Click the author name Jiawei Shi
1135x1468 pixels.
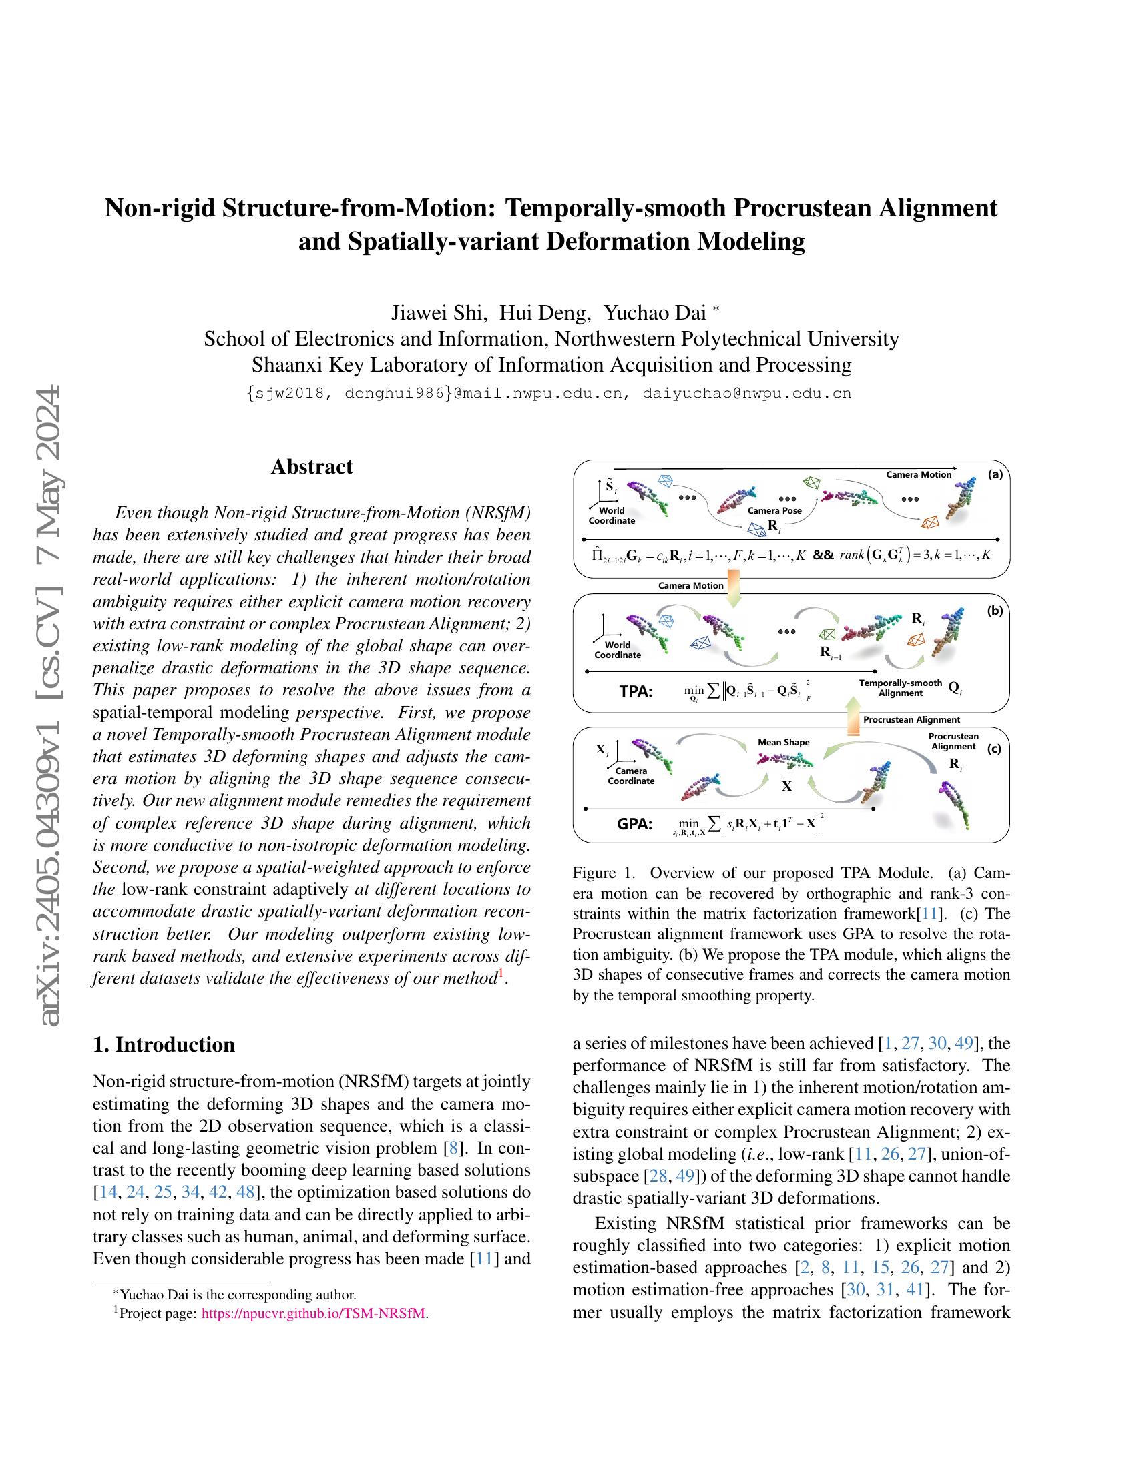click(438, 312)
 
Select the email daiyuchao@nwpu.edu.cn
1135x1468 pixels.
click(747, 393)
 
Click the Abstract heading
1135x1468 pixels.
click(311, 466)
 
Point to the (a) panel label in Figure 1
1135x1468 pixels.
click(995, 474)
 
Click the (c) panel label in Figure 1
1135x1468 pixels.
click(995, 749)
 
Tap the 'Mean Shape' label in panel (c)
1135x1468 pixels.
click(783, 742)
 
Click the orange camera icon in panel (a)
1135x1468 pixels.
click(930, 522)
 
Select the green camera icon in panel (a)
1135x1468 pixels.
click(813, 482)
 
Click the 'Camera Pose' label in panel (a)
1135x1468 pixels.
click(773, 510)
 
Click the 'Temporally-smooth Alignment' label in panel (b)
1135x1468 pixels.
click(901, 687)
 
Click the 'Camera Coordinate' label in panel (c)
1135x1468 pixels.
click(631, 775)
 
